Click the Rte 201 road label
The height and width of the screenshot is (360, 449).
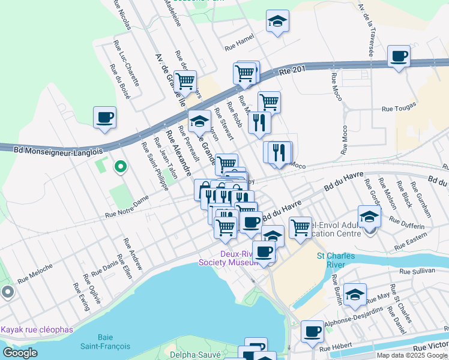pos(293,71)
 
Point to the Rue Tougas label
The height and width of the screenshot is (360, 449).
pos(399,109)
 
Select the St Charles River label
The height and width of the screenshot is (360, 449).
pos(336,261)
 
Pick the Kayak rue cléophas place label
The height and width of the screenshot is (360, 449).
pos(37,329)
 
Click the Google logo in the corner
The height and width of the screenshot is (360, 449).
pos(20,352)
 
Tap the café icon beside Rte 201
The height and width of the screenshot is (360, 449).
pos(399,57)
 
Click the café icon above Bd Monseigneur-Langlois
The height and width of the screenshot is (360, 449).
pos(104,116)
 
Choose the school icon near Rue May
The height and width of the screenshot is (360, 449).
pos(355,294)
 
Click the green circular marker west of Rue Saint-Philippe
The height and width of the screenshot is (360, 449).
pos(120,167)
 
